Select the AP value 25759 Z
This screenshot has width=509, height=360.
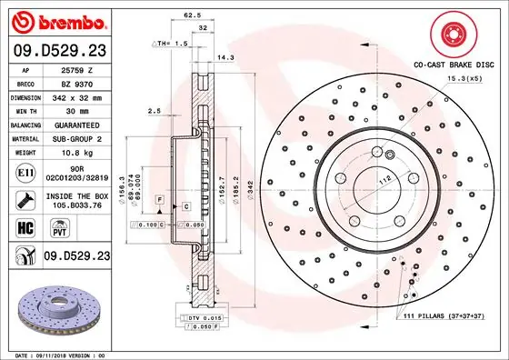[78, 68]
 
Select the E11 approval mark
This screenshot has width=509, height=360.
[25, 170]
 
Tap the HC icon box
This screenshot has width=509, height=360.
[25, 228]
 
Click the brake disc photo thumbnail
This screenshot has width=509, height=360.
[55, 305]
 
